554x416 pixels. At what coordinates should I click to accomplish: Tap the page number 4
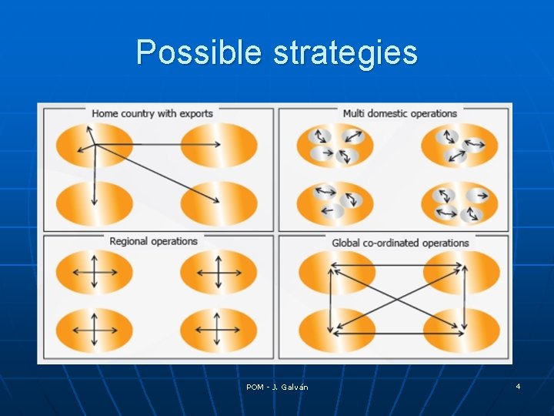518,385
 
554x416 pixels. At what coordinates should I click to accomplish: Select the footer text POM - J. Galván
277,387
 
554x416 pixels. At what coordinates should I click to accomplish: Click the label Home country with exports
152,113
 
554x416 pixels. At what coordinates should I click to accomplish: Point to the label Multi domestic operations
399,113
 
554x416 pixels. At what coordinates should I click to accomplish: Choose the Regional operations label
153,241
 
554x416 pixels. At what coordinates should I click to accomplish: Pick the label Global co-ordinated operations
400,243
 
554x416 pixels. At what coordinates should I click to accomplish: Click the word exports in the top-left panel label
195,113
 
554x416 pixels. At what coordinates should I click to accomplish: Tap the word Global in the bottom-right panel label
345,243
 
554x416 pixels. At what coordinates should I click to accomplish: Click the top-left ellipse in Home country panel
95,145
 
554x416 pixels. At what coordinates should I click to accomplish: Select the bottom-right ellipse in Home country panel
219,204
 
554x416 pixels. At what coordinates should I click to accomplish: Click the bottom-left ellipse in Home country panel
95,204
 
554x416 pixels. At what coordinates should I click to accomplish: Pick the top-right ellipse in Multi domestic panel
459,146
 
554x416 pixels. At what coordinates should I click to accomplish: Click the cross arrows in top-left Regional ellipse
95,272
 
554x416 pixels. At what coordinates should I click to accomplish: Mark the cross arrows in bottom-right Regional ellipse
219,330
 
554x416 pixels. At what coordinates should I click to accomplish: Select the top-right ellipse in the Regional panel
219,272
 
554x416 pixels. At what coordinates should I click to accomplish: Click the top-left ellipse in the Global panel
337,272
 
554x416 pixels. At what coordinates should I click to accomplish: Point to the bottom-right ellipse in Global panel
462,330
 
